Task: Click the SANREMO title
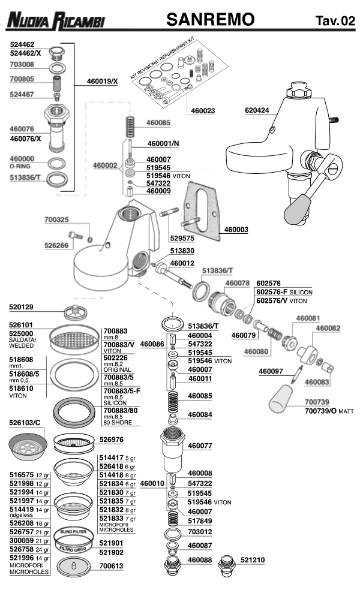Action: click(211, 20)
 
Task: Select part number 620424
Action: click(257, 110)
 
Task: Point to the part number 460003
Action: click(236, 229)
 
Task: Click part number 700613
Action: click(111, 565)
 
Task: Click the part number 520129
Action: click(22, 306)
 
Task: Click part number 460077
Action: click(200, 445)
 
